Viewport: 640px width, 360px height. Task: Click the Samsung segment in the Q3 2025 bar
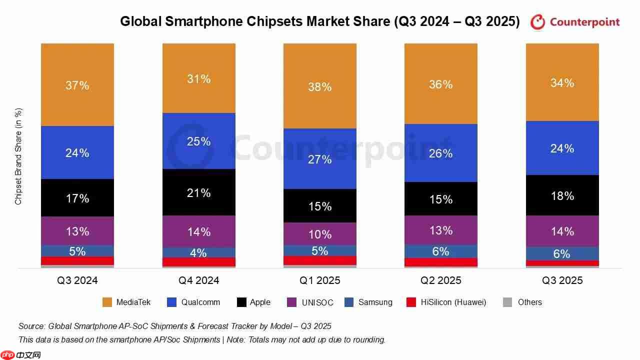pos(562,253)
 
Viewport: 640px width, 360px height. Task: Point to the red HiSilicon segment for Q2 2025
pos(441,262)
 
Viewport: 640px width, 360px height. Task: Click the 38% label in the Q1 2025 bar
pos(320,87)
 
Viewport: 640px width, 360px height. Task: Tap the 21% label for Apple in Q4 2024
pos(199,193)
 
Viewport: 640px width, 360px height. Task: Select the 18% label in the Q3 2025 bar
pos(562,196)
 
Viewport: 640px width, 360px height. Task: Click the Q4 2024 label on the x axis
pos(199,280)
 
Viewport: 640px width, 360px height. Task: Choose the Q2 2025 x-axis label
pos(441,280)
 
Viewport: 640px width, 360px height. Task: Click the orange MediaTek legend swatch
pos(107,302)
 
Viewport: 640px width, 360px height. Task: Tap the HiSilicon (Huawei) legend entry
pos(453,302)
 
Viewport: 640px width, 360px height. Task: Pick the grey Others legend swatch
pos(507,302)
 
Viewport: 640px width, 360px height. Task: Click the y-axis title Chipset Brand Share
pos(18,156)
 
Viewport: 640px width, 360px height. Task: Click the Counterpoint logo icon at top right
pos(537,22)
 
